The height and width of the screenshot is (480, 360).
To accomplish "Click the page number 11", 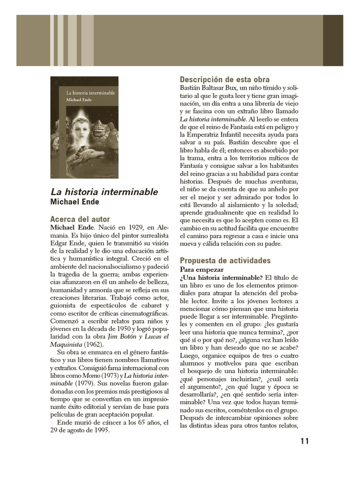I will coord(304,441).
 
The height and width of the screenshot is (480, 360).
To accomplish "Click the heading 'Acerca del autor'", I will coord(80,219).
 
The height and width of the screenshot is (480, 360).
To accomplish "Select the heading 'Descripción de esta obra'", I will coord(225,80).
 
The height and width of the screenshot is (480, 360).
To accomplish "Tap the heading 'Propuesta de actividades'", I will coord(225,261).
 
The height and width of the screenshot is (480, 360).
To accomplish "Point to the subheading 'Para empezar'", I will coord(202,270).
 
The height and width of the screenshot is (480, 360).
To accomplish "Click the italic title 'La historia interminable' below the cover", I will coord(104,192).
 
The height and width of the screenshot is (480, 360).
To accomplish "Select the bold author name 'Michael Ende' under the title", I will coord(75,202).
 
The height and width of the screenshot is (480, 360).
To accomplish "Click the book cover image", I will coord(84,127).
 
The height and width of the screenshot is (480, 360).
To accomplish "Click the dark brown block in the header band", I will coord(333,40).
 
